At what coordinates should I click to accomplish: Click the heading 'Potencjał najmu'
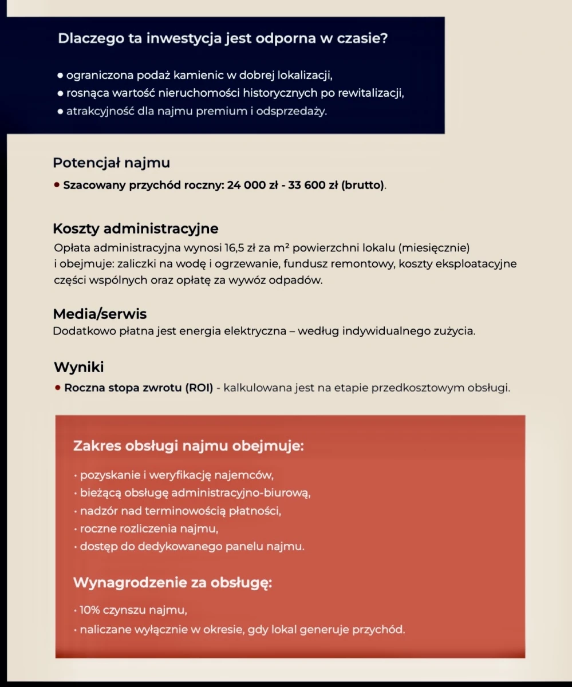pos(111,163)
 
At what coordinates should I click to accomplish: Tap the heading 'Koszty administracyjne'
pos(136,228)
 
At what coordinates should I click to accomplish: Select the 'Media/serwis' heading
pos(100,314)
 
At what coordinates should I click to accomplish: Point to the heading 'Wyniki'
pos(79,367)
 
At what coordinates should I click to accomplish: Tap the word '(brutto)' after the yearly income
pos(364,185)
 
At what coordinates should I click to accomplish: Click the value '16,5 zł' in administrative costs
pos(242,248)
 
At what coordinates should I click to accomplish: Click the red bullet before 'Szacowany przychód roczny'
pos(57,185)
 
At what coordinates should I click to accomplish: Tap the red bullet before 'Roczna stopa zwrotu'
pos(58,388)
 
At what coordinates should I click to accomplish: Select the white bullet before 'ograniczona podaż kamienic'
pos(60,76)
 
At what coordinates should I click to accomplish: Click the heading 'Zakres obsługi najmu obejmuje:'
pos(188,445)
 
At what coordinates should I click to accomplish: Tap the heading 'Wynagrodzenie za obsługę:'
pos(172,583)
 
